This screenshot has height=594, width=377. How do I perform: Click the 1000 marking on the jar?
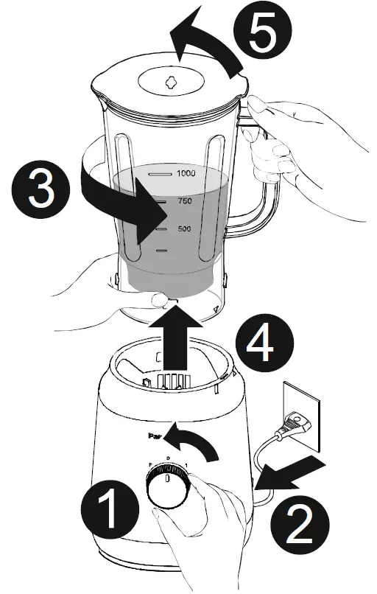pyautogui.click(x=185, y=174)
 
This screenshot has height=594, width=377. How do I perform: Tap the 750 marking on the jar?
pyautogui.click(x=185, y=201)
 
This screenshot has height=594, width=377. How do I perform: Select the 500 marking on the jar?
pyautogui.click(x=185, y=229)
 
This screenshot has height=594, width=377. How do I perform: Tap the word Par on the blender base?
pyautogui.click(x=155, y=436)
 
